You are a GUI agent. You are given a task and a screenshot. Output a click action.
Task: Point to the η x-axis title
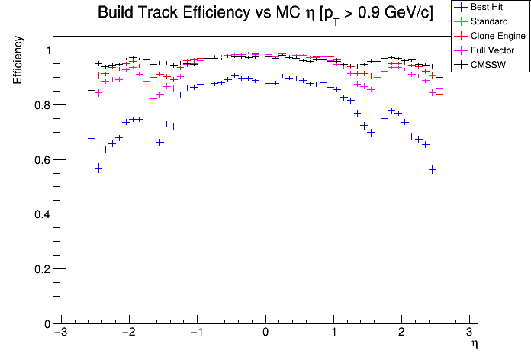click(x=474, y=345)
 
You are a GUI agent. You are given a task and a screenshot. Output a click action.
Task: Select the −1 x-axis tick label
click(x=195, y=333)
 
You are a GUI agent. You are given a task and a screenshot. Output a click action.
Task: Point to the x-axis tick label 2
click(x=401, y=333)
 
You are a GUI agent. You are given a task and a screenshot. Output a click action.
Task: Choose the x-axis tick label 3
click(x=469, y=333)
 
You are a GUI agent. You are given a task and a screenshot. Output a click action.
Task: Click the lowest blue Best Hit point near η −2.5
click(x=98, y=168)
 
